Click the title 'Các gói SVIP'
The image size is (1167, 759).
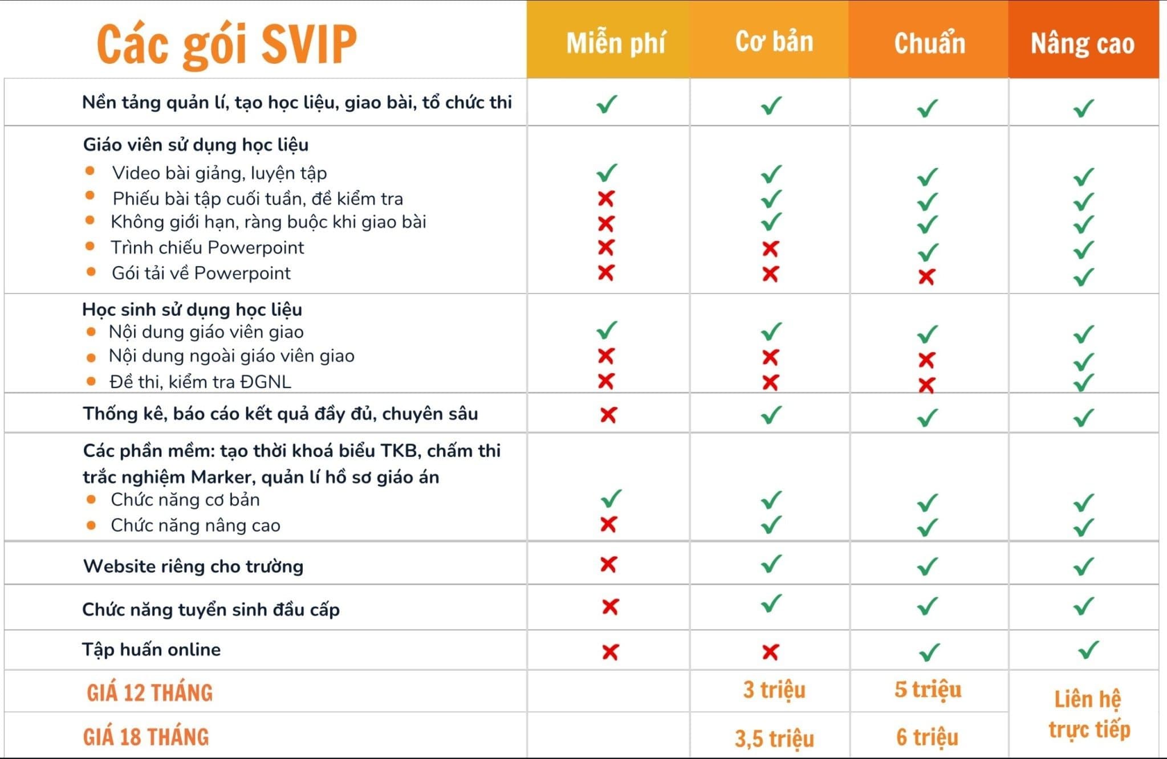pos(226,44)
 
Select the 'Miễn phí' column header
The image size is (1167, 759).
pos(615,43)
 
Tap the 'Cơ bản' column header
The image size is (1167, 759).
pos(774,42)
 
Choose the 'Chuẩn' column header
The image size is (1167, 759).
pos(929,43)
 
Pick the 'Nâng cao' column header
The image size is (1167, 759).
pos(1082,44)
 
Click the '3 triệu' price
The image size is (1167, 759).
pos(774,690)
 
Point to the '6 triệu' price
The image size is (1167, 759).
pos(927,737)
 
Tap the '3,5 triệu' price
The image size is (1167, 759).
pos(774,738)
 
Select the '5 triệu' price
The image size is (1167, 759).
pos(928,689)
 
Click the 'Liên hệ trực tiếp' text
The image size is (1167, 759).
pos(1088,715)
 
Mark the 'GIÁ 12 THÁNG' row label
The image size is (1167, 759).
pos(149,693)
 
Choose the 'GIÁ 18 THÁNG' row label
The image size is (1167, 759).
pos(146,737)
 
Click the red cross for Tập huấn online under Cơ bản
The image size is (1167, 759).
pos(770,652)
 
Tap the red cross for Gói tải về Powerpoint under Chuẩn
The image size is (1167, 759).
pos(926,277)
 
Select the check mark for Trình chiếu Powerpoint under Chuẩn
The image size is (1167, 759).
pos(928,251)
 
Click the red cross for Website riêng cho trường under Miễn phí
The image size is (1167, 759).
pos(608,564)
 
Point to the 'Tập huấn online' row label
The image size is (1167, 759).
pos(151,650)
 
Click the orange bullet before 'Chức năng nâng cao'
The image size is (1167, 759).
pos(91,525)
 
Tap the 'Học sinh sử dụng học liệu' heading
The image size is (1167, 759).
pos(192,309)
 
